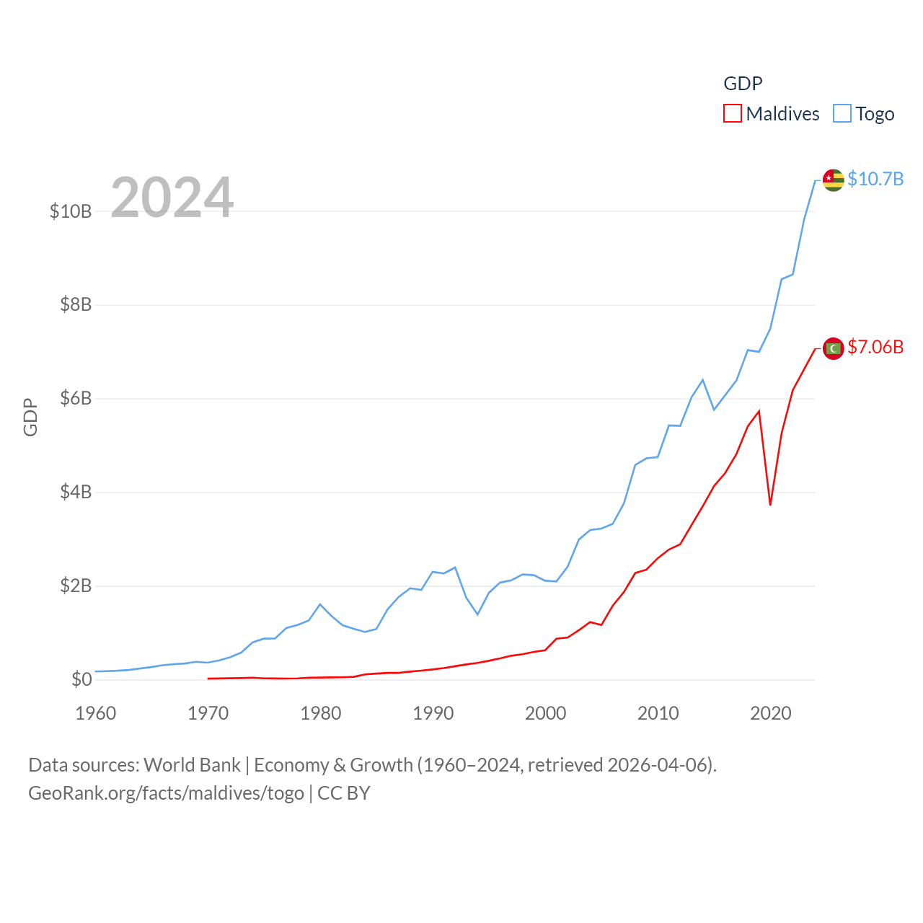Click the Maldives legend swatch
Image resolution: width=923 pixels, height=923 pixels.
click(x=733, y=114)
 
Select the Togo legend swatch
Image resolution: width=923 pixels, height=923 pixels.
click(x=842, y=114)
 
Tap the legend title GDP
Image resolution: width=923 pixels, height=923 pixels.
click(x=743, y=84)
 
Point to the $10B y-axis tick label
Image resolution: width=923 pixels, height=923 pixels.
click(x=71, y=211)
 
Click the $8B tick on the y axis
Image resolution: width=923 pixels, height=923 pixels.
click(x=76, y=304)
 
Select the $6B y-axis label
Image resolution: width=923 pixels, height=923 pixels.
click(x=76, y=398)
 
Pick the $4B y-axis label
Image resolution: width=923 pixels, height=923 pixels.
click(x=76, y=492)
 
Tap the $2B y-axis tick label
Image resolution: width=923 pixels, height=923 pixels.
click(x=76, y=586)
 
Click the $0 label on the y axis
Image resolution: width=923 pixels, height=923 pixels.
click(x=81, y=679)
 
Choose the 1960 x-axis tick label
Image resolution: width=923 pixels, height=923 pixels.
click(x=95, y=713)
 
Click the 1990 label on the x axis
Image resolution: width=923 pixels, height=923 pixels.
click(x=433, y=713)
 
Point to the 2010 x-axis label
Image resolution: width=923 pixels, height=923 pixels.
click(x=658, y=713)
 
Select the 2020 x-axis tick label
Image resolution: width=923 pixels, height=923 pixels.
click(x=770, y=713)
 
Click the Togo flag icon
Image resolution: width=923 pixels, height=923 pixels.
click(x=834, y=180)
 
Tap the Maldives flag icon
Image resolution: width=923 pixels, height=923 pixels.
click(x=834, y=348)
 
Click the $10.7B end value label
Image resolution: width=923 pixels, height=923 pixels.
click(x=875, y=179)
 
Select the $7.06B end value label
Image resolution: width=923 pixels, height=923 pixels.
click(x=875, y=347)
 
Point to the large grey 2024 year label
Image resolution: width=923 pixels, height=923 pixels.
click(x=172, y=197)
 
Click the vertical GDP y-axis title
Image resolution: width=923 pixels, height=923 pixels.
click(x=30, y=417)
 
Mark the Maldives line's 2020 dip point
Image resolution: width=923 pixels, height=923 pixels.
click(x=770, y=505)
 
